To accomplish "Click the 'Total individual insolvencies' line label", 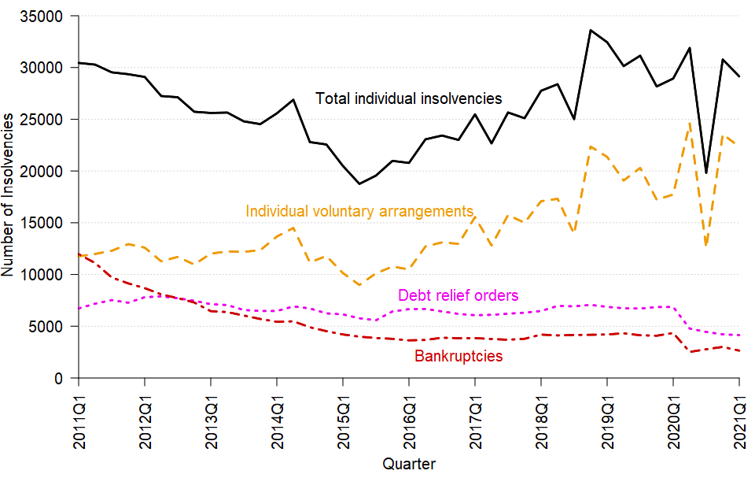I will coord(408,99).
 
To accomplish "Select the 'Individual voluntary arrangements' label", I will coord(359,211).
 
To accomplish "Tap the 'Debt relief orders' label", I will coord(458,295).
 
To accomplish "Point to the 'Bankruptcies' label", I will coord(458,356).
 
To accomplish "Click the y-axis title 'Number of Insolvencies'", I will coord(9,194).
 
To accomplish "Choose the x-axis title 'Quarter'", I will coord(408,464).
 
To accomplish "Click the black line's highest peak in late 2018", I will coord(591,30).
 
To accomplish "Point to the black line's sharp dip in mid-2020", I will coord(706,172).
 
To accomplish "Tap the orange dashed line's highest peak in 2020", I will coord(690,123).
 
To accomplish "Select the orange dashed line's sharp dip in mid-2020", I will coord(706,246).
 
